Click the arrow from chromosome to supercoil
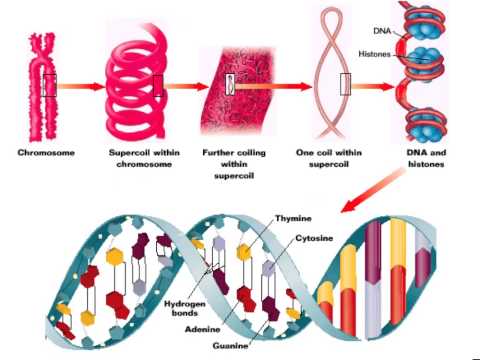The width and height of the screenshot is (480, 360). [81, 86]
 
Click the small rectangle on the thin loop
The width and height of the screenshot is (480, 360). [345, 84]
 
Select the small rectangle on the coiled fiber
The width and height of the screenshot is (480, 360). [230, 85]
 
